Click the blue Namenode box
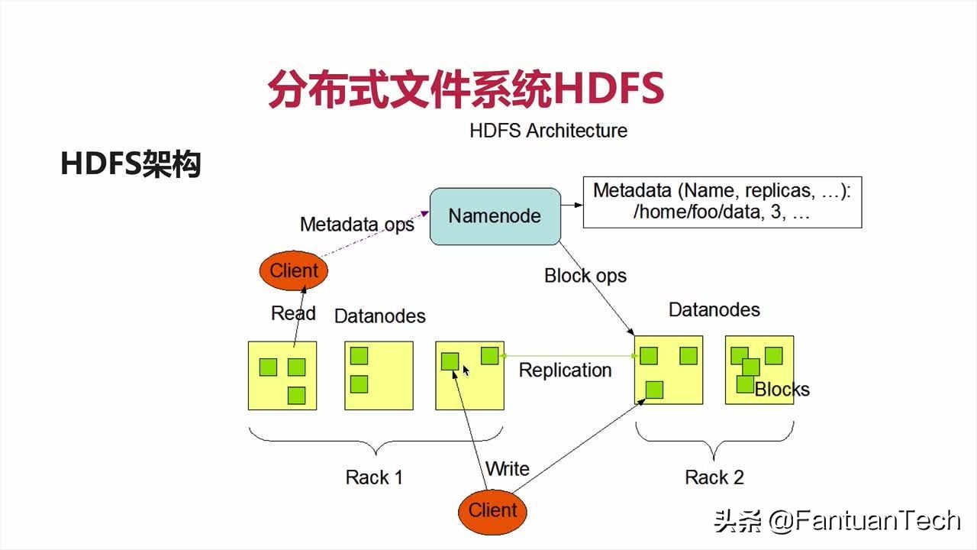coord(495,216)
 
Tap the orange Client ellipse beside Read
coord(294,270)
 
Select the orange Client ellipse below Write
coord(492,512)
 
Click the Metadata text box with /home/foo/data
coord(722,202)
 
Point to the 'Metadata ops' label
coord(356,225)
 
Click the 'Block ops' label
coord(585,276)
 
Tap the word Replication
coord(566,370)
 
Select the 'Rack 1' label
coord(374,477)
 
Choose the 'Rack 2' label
coord(714,477)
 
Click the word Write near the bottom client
coord(508,469)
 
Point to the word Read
coord(293,313)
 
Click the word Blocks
coord(782,390)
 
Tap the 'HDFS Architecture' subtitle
coord(548,131)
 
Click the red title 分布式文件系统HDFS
coord(466,89)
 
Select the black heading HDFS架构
coord(131,164)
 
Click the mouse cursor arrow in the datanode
coord(466,371)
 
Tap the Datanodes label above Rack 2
coord(714,310)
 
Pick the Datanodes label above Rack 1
coord(380,316)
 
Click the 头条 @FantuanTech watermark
coord(837,521)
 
